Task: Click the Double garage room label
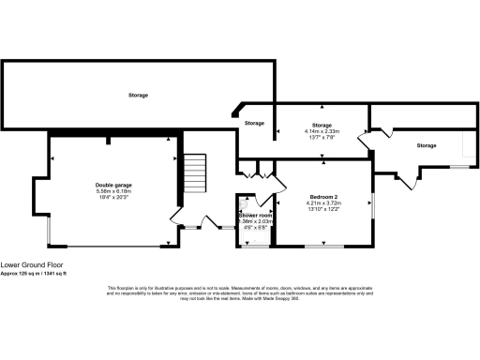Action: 112,185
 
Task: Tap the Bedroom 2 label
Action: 323,195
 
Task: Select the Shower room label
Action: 255,215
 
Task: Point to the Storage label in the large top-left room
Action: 138,95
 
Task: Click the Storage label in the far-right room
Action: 427,145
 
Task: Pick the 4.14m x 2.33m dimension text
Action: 323,131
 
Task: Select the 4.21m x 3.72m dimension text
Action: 323,202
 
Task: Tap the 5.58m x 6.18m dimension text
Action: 112,191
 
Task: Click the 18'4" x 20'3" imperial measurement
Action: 112,198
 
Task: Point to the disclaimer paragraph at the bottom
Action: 240,292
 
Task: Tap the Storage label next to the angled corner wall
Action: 254,123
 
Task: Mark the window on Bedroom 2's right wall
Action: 373,206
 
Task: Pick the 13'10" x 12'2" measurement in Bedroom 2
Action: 323,210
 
